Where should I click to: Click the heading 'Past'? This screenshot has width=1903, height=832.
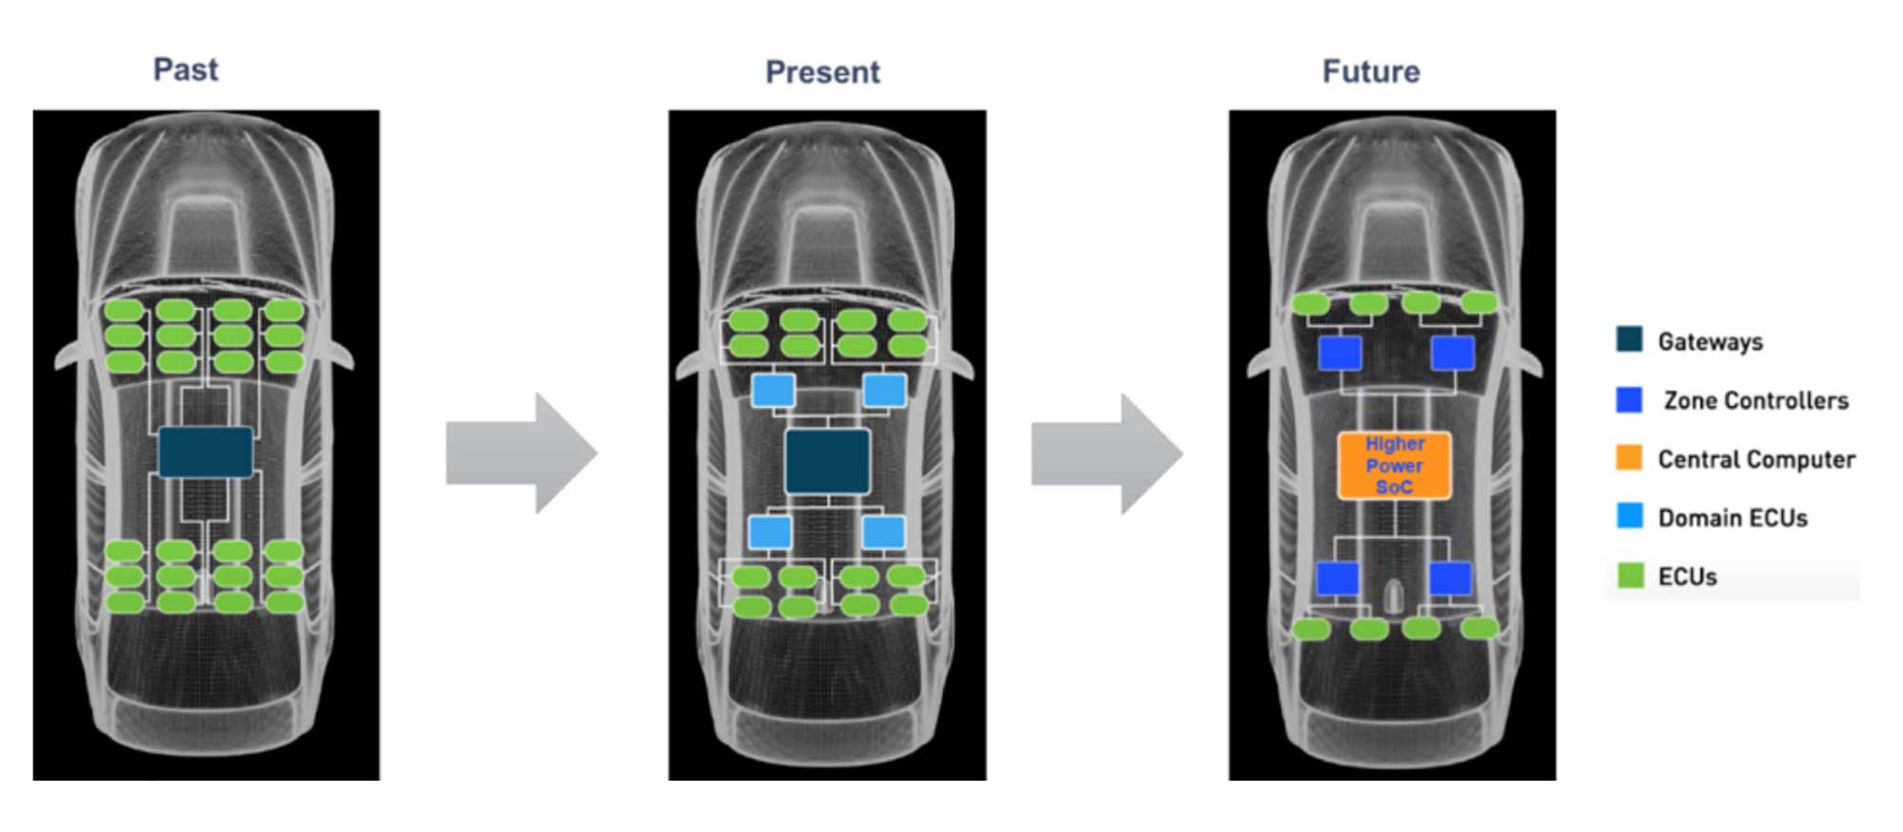point(186,69)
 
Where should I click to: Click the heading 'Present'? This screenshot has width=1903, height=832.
point(822,72)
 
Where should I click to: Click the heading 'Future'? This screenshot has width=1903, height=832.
point(1370,71)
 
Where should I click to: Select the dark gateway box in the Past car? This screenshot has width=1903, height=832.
point(206,452)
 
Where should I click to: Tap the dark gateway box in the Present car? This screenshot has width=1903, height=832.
point(827,461)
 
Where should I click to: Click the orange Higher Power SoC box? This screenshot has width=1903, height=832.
point(1394,465)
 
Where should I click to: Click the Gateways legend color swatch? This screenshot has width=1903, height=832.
point(1629,339)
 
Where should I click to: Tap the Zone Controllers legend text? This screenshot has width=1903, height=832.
point(1756,400)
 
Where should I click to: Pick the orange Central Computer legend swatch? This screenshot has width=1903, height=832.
point(1629,457)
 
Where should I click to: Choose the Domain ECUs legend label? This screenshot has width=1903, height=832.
point(1732,518)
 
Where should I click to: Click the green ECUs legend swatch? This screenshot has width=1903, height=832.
point(1630,575)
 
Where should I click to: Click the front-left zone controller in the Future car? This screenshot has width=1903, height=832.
point(1339,354)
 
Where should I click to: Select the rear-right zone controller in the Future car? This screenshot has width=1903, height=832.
point(1450,578)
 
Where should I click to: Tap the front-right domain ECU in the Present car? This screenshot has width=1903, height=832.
point(884,390)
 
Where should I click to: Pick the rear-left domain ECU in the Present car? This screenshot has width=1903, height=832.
point(770,532)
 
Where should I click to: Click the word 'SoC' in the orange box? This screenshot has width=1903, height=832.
point(1394,487)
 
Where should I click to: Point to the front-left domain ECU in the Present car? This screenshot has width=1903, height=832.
point(773,390)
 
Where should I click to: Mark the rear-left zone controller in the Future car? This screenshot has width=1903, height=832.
point(1337,578)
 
